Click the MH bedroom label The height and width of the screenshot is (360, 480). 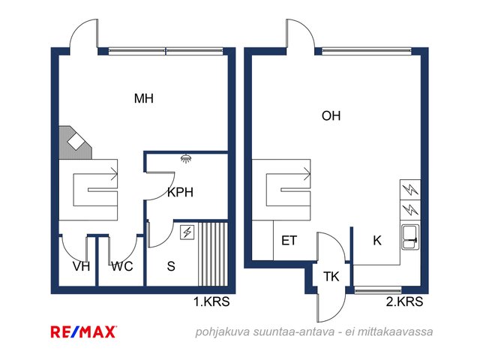pos(144,98)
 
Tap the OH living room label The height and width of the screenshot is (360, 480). pos(331,116)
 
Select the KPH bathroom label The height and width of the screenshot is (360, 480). pos(180,192)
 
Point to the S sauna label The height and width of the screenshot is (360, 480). pos(171,266)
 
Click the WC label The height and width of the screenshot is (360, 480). pos(122,266)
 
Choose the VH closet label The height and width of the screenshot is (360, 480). pos(82,266)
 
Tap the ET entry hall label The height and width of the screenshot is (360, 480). pos(289,241)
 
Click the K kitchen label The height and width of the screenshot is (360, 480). pos(377,241)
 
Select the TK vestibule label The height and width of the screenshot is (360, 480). pos(331,277)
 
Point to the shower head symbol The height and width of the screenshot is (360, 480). pos(186,158)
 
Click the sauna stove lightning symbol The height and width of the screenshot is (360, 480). pos(187,232)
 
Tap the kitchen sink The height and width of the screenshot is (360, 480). pos(409,237)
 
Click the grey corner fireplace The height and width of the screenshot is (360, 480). pos(75,142)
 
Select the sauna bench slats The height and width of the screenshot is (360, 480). pos(213,254)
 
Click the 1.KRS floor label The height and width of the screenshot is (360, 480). pos(211,301)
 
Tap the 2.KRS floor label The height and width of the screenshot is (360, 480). pos(404,301)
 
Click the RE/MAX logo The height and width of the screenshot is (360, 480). pos(83,331)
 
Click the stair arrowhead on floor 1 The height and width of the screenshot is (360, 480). pos(115,175)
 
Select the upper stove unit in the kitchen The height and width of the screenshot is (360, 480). pos(410,190)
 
